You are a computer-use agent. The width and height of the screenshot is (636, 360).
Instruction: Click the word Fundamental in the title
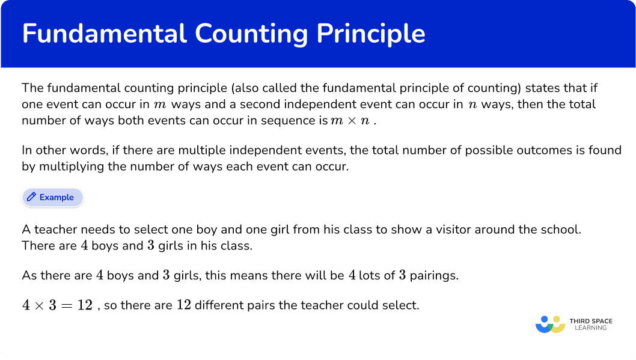(x=104, y=33)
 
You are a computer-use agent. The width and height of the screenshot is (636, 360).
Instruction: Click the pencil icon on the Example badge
(x=31, y=197)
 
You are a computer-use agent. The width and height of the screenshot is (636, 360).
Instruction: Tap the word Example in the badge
(x=57, y=198)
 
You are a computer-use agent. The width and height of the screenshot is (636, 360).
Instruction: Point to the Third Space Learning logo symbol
(x=551, y=325)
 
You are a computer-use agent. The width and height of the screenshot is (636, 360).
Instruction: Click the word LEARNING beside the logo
(x=590, y=328)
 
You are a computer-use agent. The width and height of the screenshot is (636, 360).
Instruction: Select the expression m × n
(x=350, y=121)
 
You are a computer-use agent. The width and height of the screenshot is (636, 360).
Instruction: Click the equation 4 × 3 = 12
(x=57, y=305)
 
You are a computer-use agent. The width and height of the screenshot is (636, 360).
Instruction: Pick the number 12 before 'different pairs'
(x=184, y=305)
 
